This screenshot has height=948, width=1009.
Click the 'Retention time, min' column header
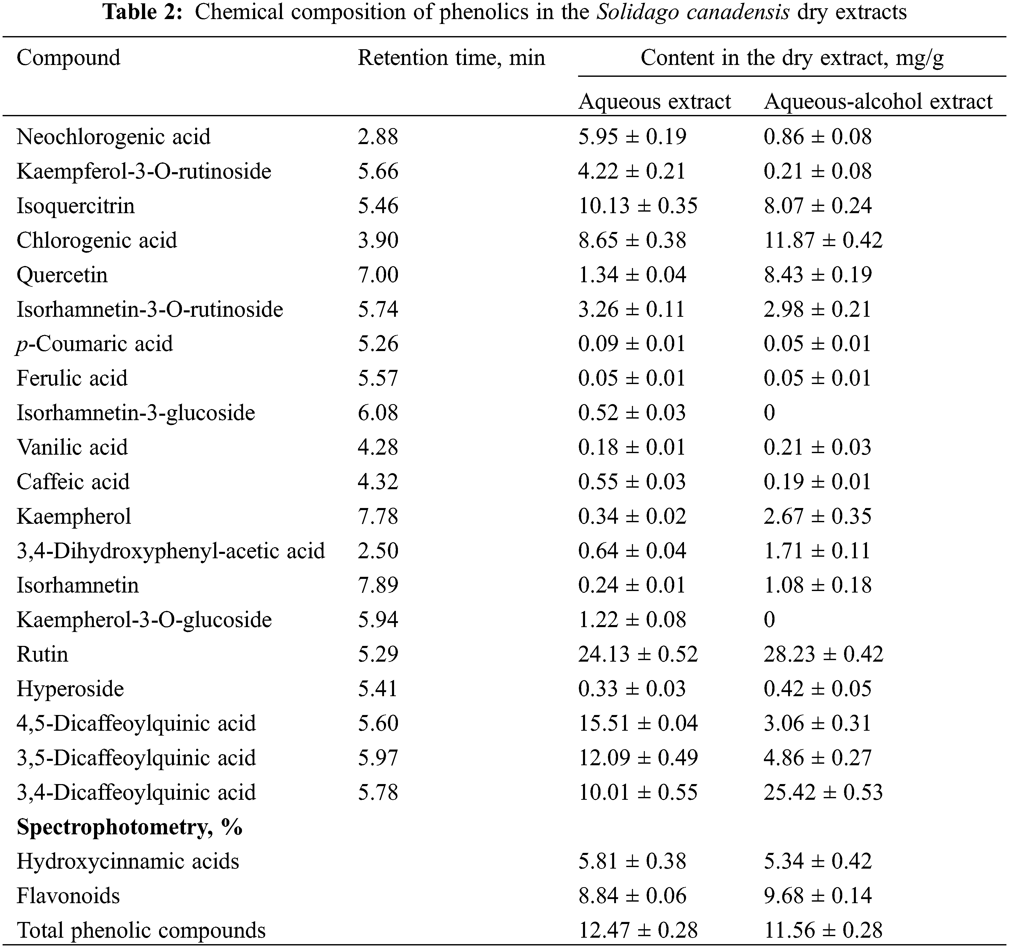451,58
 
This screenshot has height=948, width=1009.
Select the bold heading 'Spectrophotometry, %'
129,827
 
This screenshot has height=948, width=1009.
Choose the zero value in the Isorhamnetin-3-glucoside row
769,413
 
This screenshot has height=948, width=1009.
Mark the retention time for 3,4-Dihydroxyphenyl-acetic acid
378,551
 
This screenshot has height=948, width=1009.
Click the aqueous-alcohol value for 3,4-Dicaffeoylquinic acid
823,792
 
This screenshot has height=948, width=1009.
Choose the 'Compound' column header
69,58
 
